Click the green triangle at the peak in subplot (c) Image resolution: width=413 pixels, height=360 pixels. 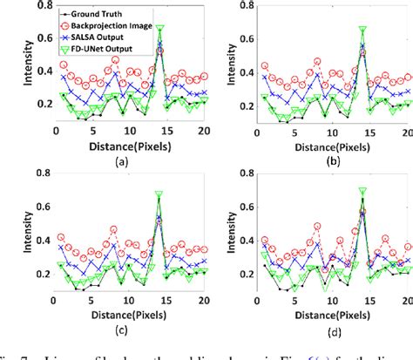(159, 194)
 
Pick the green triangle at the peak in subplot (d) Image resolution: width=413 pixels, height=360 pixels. (362, 190)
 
